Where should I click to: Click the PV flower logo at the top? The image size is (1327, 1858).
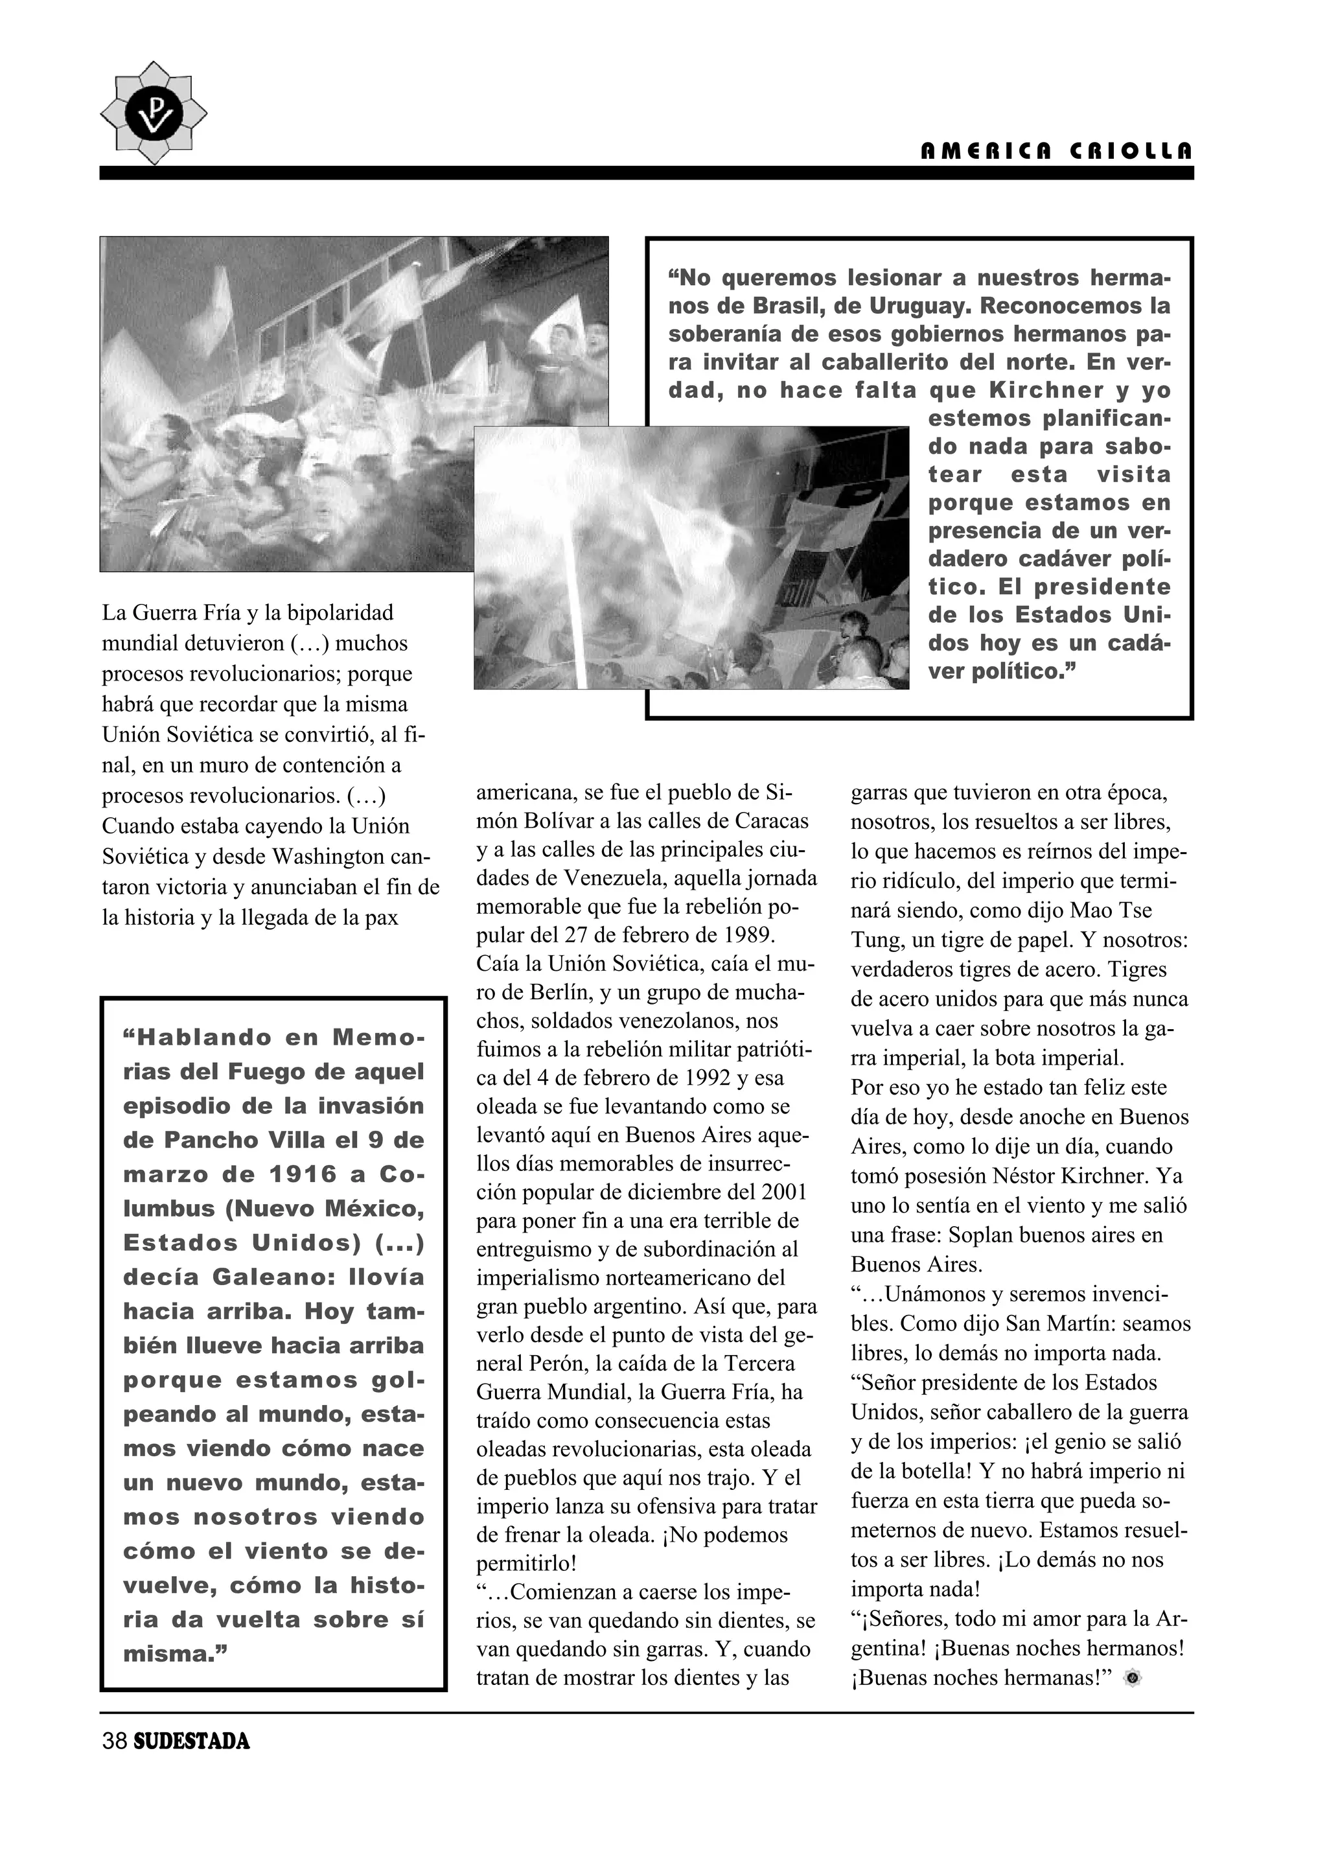153,113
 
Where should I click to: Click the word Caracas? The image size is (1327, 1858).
773,820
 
